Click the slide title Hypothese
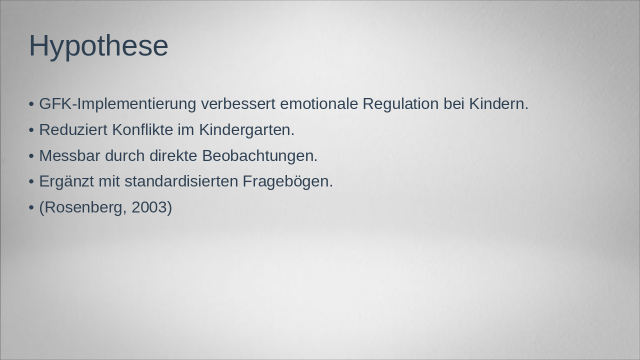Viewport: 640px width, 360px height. [x=98, y=46]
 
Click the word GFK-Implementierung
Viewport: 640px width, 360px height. [x=117, y=104]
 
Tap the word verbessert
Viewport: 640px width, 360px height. [x=238, y=104]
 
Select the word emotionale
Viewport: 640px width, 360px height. [x=319, y=104]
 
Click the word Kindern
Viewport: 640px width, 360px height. [x=498, y=104]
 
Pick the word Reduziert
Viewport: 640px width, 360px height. [x=73, y=130]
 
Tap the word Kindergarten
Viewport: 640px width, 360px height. [x=246, y=130]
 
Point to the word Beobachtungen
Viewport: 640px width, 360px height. [x=259, y=156]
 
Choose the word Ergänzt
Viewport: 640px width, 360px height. [x=66, y=181]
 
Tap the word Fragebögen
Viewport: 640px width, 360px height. [x=287, y=181]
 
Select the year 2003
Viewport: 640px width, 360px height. [x=149, y=207]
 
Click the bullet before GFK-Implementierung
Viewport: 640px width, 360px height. [x=31, y=104]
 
